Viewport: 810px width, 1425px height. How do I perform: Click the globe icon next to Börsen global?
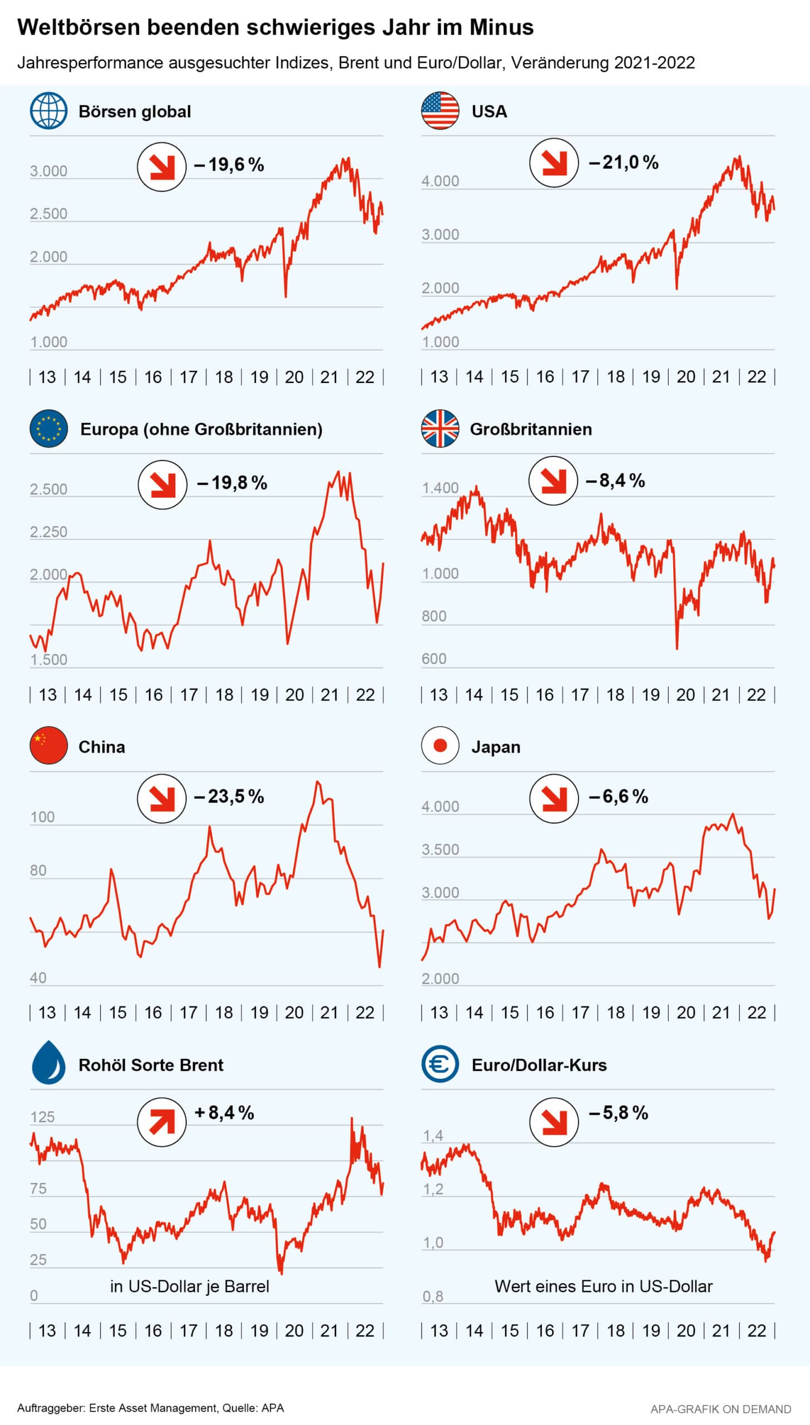[x=48, y=111]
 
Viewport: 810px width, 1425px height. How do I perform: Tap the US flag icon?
[x=440, y=111]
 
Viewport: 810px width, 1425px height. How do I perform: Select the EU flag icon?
[x=48, y=429]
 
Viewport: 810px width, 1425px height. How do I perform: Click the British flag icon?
[x=440, y=429]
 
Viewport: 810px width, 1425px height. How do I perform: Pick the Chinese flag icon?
[x=48, y=745]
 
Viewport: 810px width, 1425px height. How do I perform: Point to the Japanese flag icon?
[x=440, y=745]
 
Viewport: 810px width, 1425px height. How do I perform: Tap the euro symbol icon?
[x=440, y=1064]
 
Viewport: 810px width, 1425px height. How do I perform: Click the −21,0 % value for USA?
[x=624, y=163]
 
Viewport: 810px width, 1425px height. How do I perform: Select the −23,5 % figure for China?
[x=229, y=797]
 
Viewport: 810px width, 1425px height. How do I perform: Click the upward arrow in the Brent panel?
[x=161, y=1122]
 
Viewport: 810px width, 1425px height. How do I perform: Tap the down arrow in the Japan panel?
[x=554, y=798]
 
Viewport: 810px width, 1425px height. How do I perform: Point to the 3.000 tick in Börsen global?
[x=48, y=171]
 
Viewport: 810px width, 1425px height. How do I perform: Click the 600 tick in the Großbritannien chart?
[x=434, y=659]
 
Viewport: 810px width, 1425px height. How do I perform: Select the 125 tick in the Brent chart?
[x=42, y=1117]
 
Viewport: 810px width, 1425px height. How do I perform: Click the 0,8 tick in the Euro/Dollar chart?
[x=433, y=1296]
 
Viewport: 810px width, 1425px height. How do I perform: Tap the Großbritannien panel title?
[x=531, y=429]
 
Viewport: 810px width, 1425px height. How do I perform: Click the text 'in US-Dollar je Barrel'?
[x=190, y=1286]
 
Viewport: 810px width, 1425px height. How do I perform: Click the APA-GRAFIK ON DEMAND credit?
[x=720, y=1409]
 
